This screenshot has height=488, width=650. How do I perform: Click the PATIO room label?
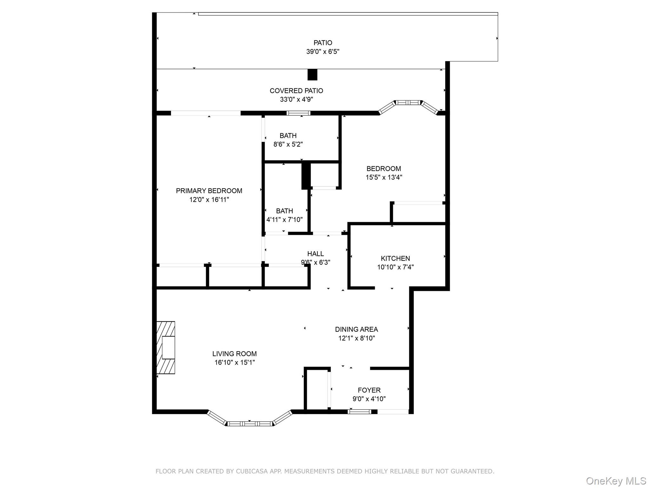pos(323,43)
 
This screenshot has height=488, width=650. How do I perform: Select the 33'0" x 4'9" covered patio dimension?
pos(296,99)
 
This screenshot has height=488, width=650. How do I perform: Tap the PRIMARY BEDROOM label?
pos(209,191)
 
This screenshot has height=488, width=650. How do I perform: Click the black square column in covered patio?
pos(312,75)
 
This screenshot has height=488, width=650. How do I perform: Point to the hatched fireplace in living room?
pos(166,348)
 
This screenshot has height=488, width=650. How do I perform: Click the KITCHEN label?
pos(395,258)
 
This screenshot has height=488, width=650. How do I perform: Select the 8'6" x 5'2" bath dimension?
pos(288,144)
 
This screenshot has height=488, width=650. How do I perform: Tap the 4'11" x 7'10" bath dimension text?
pos(284,220)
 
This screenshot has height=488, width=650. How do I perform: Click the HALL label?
pos(315,254)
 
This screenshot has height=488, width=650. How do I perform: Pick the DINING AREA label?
pos(356,329)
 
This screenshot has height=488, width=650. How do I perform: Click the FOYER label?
pos(369,390)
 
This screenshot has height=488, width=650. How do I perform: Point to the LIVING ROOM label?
pos(234,354)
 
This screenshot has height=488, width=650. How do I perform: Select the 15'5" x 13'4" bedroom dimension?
pos(384,177)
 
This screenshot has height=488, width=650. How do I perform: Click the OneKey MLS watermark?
pos(616,481)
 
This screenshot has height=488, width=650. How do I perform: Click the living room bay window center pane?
pos(250,424)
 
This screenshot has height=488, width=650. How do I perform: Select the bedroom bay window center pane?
pos(408,102)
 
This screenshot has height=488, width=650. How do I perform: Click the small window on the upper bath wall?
pos(298,113)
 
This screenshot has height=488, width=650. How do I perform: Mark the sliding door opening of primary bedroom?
pos(206,113)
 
